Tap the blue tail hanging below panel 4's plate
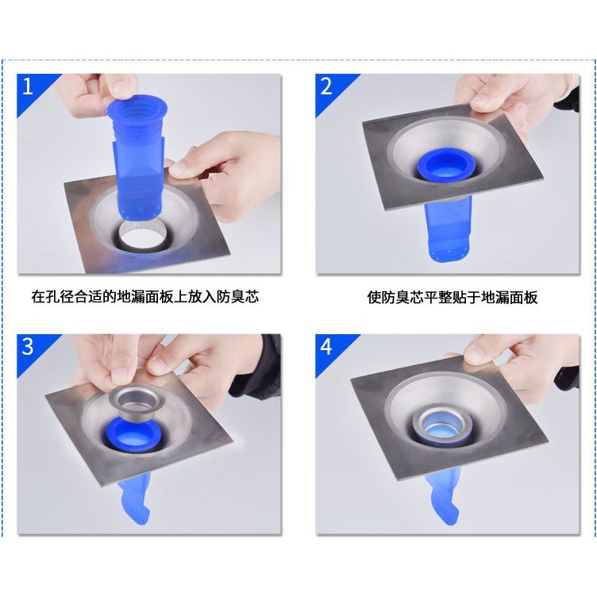tap(445, 498)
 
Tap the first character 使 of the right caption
tap(375, 298)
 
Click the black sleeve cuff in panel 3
tap(263, 365)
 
